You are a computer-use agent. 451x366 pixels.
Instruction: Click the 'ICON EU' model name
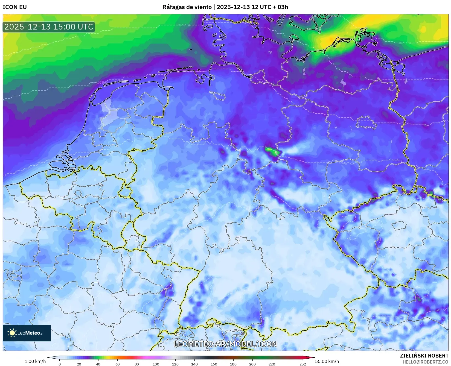click(15, 7)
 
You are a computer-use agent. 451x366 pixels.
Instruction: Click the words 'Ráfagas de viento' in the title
click(187, 7)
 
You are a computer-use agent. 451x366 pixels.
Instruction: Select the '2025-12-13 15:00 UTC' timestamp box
click(49, 27)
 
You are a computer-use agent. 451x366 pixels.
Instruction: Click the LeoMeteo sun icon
click(12, 333)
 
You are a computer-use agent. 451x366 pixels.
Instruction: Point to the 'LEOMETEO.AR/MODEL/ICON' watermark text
click(225, 344)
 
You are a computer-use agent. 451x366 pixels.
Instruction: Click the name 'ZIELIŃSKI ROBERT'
click(424, 356)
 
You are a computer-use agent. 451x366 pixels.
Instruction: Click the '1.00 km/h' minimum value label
click(35, 361)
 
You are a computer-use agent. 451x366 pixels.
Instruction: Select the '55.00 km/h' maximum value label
click(327, 361)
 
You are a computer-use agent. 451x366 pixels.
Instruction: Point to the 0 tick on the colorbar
click(60, 364)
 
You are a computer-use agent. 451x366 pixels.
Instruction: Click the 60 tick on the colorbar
click(118, 364)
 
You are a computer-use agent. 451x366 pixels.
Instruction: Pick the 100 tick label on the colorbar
click(156, 364)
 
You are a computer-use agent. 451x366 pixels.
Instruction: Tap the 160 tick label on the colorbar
click(214, 364)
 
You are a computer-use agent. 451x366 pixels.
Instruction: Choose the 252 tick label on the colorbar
click(302, 364)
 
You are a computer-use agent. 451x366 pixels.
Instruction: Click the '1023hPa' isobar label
click(184, 25)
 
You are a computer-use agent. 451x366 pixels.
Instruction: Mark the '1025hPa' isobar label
click(102, 83)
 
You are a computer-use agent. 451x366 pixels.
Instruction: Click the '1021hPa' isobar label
click(405, 43)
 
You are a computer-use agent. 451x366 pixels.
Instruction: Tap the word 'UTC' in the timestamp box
click(85, 27)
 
